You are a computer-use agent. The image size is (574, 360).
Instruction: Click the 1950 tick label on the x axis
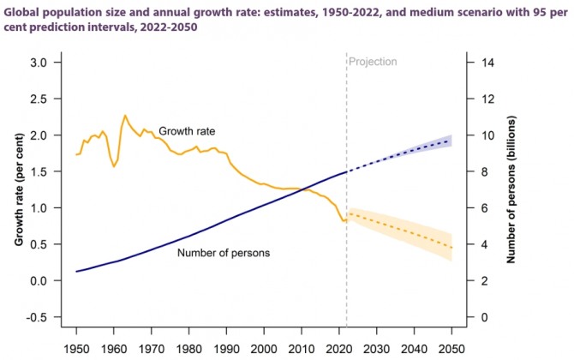click(77, 349)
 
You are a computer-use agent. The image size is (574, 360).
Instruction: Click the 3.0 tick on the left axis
click(38, 63)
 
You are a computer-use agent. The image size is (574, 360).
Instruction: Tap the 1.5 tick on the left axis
click(38, 172)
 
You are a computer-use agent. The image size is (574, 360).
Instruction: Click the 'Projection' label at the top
click(374, 62)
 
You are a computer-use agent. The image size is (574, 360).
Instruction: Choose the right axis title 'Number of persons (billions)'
click(511, 190)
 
